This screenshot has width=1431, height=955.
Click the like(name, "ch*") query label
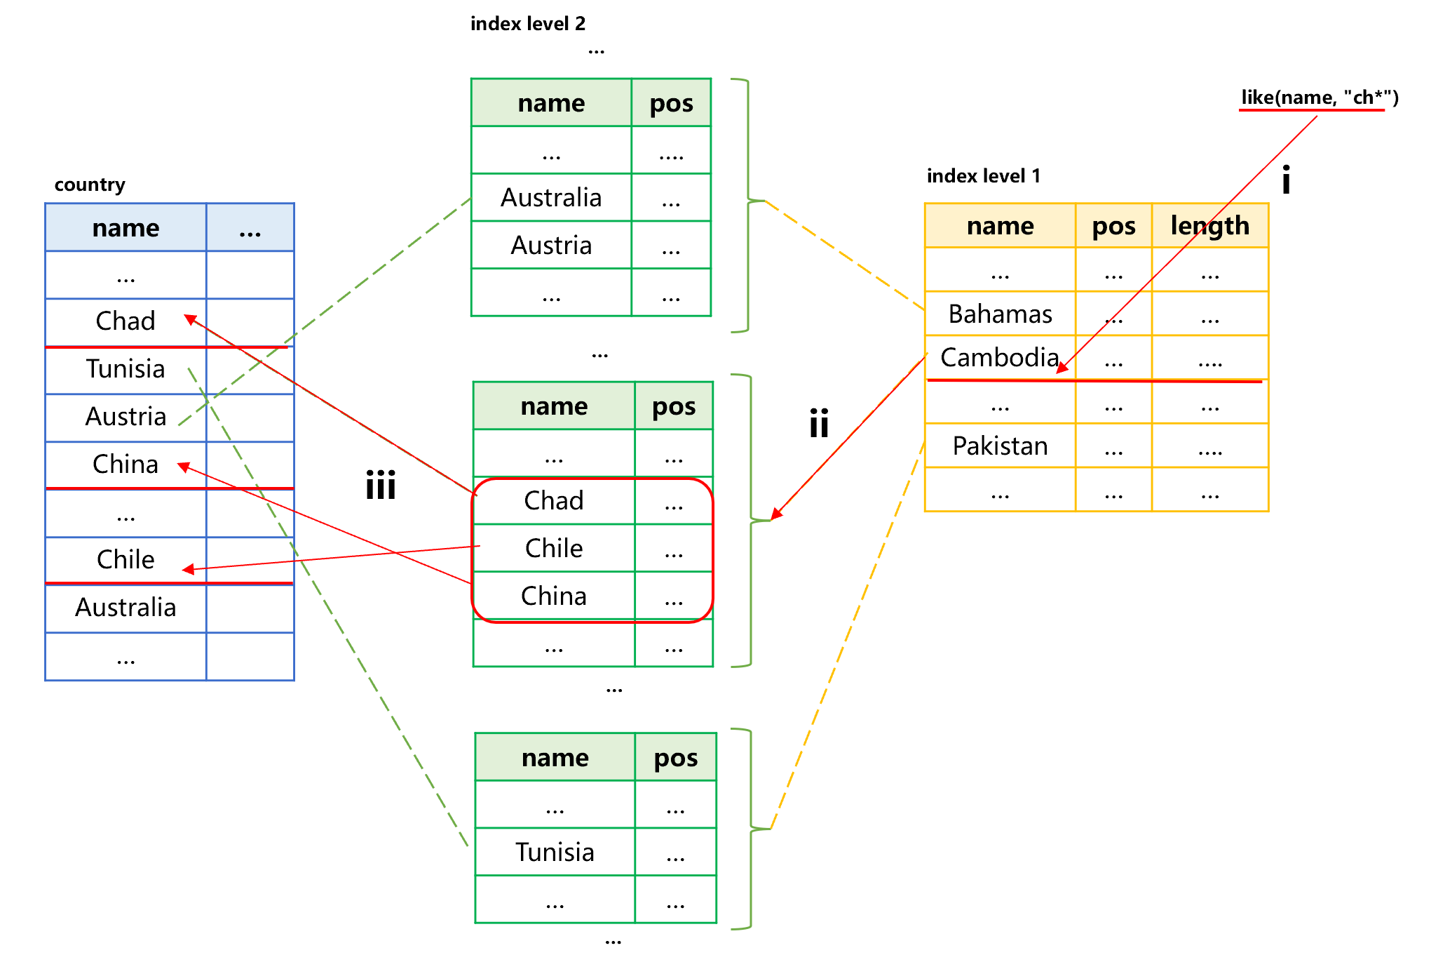click(1320, 98)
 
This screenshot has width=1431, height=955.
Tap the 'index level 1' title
click(984, 175)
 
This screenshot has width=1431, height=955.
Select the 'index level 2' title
click(528, 24)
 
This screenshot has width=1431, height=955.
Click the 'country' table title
click(90, 185)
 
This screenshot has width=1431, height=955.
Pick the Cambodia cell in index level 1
click(1000, 357)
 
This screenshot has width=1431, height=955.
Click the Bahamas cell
click(1000, 314)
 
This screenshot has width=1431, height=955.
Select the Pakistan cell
click(1000, 446)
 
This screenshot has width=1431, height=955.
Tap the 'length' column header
click(1210, 226)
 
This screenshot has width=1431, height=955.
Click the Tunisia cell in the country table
click(126, 369)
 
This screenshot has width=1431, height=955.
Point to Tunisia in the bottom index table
click(555, 852)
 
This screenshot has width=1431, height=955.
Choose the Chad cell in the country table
click(126, 321)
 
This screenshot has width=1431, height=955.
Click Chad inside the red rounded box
click(554, 500)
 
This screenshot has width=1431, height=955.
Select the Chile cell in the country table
click(126, 560)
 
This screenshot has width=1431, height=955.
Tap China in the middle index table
click(554, 596)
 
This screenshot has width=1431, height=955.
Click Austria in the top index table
click(551, 246)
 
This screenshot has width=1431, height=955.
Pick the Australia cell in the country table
click(126, 608)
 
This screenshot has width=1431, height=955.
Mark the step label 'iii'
click(381, 485)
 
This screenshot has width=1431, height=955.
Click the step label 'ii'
click(819, 423)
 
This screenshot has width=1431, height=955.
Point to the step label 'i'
click(1286, 180)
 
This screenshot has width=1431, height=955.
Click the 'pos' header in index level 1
click(1113, 226)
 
